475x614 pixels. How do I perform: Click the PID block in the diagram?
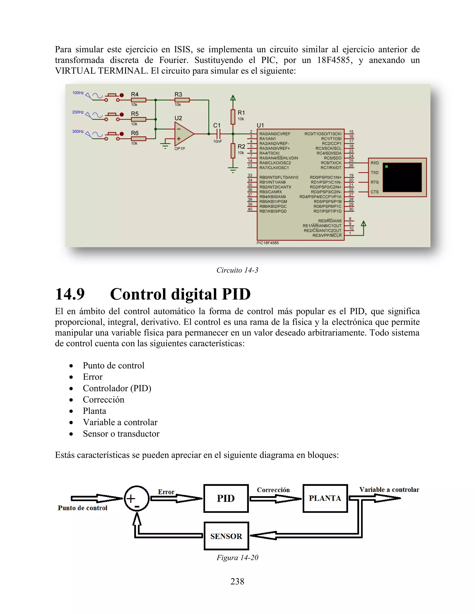pos(226,498)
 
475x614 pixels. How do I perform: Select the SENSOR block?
pos(226,536)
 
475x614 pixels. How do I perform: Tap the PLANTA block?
pos(325,498)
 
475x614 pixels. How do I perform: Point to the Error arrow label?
pos(166,492)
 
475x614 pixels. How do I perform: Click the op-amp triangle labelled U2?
pos(183,134)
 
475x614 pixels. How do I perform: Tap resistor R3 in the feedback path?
pos(182,100)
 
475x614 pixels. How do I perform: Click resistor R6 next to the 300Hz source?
pos(138,138)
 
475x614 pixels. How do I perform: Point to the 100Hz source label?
pos(78,93)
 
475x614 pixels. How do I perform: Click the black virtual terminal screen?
pos(402,177)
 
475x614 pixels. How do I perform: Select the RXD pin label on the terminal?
pos(375,163)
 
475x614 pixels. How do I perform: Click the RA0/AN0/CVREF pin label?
pos(275,134)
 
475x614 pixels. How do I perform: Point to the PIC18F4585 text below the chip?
pos(268,243)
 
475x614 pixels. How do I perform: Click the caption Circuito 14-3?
pos(237,270)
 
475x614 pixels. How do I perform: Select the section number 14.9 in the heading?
pos(70,294)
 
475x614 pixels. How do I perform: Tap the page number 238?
pos(237,581)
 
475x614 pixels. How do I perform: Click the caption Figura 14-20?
pos(237,557)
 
